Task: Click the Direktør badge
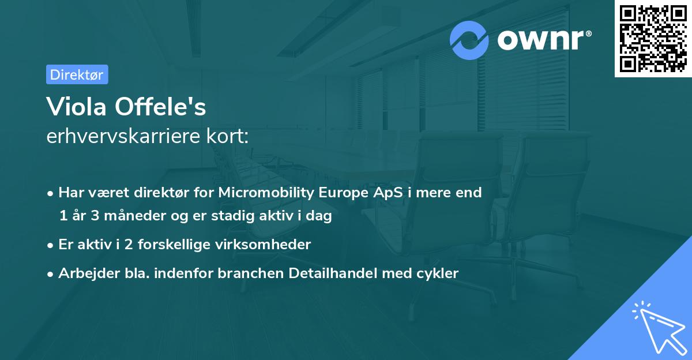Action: [x=77, y=74]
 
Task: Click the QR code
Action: [x=653, y=38]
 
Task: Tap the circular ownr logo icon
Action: [x=469, y=40]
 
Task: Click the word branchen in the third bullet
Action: [x=245, y=273]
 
